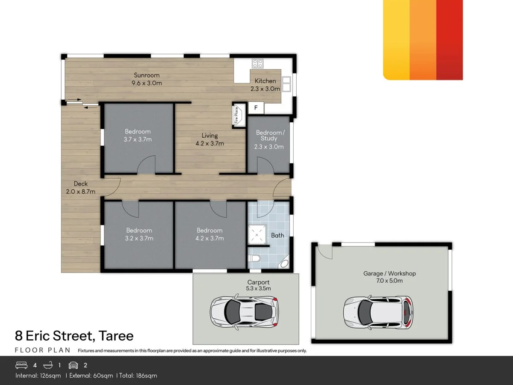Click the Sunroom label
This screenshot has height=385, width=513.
point(147,75)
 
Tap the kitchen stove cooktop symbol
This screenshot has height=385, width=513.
point(257,63)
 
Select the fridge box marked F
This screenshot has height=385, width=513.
point(256,108)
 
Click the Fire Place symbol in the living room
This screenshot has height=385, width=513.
point(239,115)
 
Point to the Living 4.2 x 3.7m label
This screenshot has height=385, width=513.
point(209,139)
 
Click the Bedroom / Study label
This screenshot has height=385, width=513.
point(270,136)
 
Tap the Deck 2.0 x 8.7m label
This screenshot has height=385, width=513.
point(81,188)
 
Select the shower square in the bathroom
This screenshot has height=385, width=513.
point(257,235)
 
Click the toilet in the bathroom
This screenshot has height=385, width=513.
point(254,258)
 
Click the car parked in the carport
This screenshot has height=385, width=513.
point(245,311)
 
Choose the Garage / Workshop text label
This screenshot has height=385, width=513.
point(389,273)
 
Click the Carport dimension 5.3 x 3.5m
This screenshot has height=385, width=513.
point(258,288)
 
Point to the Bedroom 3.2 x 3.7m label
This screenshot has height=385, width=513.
point(139,234)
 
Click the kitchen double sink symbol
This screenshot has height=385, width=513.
point(286,84)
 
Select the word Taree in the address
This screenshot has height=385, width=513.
point(116,336)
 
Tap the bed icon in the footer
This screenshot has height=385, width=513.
point(21,365)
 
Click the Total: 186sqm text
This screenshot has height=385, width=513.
point(138,376)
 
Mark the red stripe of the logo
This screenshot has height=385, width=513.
point(449,40)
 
